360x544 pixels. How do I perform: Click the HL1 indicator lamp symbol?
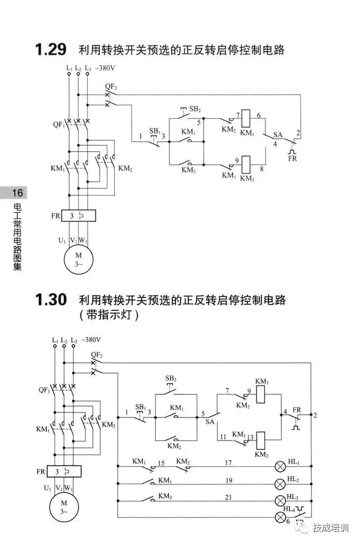click(x=280, y=467)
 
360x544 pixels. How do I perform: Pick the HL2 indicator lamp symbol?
click(x=280, y=484)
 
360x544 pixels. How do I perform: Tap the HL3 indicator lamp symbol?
click(x=280, y=501)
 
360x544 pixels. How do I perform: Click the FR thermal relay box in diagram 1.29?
click(x=78, y=215)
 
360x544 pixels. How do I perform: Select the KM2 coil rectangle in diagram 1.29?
click(x=246, y=162)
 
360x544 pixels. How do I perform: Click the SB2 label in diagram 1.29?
click(x=195, y=108)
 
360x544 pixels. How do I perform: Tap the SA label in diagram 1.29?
click(x=277, y=135)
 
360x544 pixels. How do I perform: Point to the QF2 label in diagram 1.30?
click(x=96, y=356)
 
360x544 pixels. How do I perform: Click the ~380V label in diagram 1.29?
click(x=105, y=68)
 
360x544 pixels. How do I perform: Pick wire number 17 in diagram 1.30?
click(x=228, y=462)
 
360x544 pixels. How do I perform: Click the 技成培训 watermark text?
click(x=331, y=528)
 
